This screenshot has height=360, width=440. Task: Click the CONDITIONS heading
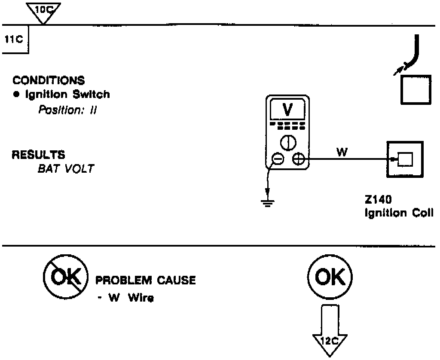click(49, 80)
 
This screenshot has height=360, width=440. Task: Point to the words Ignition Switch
click(65, 95)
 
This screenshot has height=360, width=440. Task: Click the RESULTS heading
click(38, 154)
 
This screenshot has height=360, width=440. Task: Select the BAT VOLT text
click(66, 168)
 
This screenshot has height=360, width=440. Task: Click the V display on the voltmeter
click(287, 110)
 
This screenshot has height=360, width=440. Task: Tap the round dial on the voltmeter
click(287, 142)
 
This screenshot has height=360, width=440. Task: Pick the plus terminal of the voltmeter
click(298, 160)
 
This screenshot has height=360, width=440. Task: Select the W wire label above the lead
click(342, 152)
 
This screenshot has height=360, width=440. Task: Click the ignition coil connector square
click(405, 159)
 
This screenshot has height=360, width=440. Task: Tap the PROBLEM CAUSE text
click(145, 281)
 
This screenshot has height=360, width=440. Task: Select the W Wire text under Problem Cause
click(128, 298)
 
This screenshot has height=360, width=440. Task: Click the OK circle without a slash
click(330, 279)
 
